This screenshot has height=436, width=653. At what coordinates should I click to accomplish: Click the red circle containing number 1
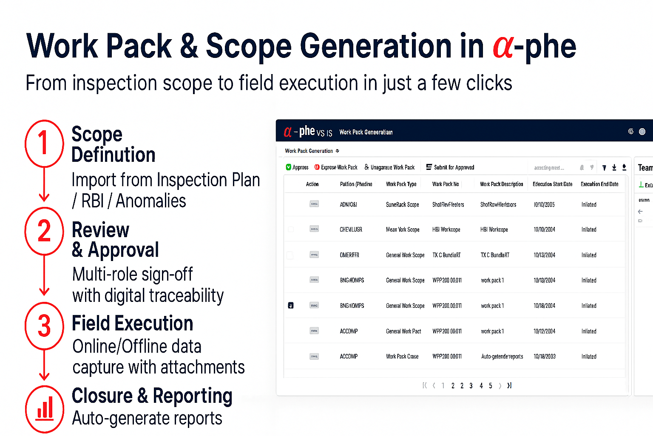click(44, 143)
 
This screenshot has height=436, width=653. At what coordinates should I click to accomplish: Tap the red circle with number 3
click(44, 326)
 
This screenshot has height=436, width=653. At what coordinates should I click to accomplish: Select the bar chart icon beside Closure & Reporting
click(45, 408)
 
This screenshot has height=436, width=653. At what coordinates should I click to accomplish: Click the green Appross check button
click(297, 167)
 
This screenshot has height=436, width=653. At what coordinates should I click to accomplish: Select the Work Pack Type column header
click(401, 184)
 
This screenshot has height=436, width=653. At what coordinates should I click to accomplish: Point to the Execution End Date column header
click(599, 184)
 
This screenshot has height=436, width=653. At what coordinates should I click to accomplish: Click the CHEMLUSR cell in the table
click(351, 229)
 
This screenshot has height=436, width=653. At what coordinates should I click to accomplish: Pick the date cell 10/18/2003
click(545, 356)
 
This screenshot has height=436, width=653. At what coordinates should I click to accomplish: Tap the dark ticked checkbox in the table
click(291, 305)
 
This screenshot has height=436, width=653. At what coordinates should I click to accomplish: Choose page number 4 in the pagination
click(481, 386)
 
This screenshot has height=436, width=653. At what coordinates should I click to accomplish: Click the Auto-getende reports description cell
click(502, 356)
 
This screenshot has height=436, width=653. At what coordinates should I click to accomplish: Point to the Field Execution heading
click(132, 324)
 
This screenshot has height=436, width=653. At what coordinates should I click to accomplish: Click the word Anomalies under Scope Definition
click(151, 201)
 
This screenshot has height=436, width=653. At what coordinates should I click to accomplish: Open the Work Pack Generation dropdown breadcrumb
click(312, 151)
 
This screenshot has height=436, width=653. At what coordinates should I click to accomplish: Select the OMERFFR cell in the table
click(349, 255)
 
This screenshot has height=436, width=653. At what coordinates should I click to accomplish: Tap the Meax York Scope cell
click(403, 229)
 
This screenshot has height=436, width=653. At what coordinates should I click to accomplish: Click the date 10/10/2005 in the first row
click(544, 204)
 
